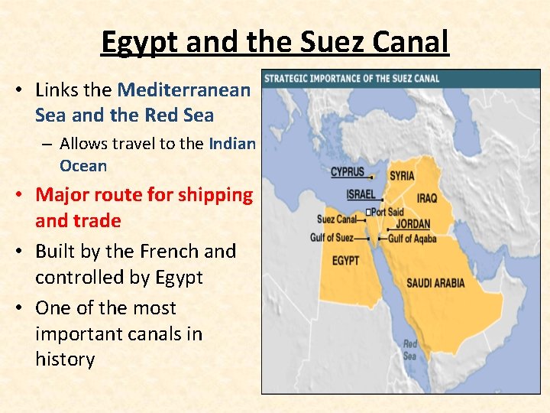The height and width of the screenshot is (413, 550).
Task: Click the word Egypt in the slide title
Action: (x=139, y=42)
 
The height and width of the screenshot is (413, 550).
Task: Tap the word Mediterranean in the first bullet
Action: (x=183, y=89)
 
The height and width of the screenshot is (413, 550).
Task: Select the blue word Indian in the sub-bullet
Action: (x=232, y=143)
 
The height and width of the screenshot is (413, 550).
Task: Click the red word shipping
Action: (x=215, y=195)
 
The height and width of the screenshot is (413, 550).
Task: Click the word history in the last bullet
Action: (x=65, y=359)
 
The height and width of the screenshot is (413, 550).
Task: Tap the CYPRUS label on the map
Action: (x=348, y=172)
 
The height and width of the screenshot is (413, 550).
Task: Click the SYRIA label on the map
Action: (x=402, y=176)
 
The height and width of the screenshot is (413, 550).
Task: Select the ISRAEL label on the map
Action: (x=361, y=194)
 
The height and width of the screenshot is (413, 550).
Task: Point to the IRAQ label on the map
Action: (x=427, y=198)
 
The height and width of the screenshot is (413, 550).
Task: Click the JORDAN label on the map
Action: (x=412, y=224)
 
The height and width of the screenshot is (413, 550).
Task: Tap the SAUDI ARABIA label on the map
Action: (x=435, y=283)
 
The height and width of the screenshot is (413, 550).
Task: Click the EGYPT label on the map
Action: (x=346, y=261)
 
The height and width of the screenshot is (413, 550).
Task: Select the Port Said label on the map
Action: (x=387, y=212)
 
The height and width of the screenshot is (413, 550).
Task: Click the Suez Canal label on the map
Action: (x=336, y=220)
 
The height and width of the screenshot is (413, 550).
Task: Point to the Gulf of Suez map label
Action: (x=332, y=238)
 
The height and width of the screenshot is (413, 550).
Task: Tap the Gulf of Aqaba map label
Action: (x=412, y=239)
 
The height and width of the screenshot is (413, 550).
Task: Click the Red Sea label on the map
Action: (x=410, y=350)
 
